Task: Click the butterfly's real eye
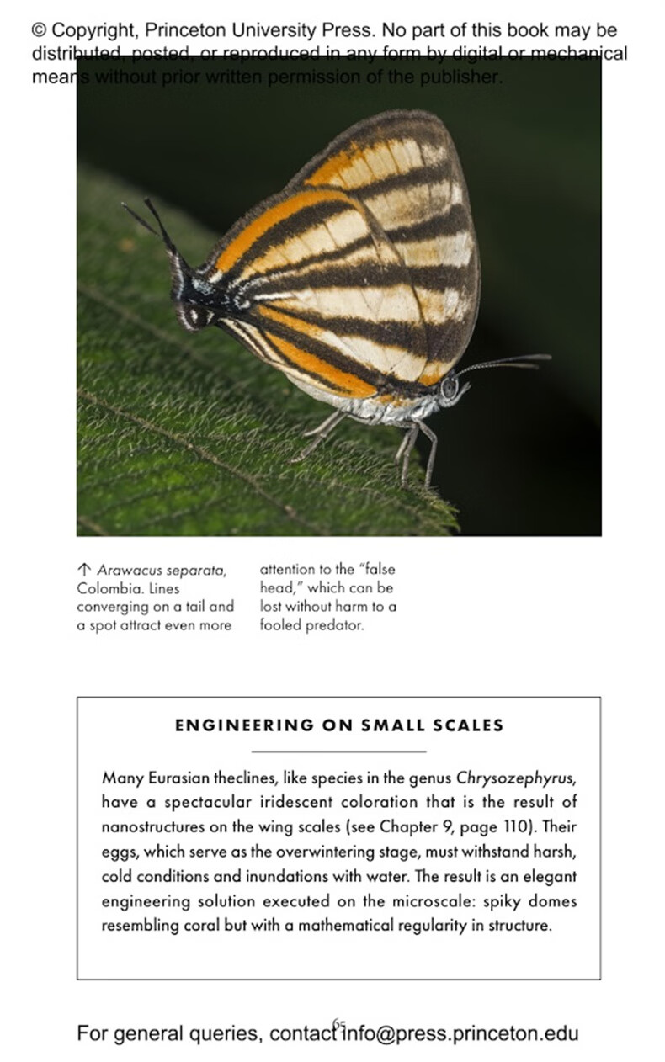pyautogui.click(x=450, y=386)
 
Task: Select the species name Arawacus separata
pyautogui.click(x=162, y=571)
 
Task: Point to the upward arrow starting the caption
pyautogui.click(x=83, y=571)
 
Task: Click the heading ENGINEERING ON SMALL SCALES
pyautogui.click(x=338, y=725)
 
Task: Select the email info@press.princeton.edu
pyautogui.click(x=460, y=1033)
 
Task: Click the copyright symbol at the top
pyautogui.click(x=39, y=30)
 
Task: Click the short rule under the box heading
pyautogui.click(x=338, y=751)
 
